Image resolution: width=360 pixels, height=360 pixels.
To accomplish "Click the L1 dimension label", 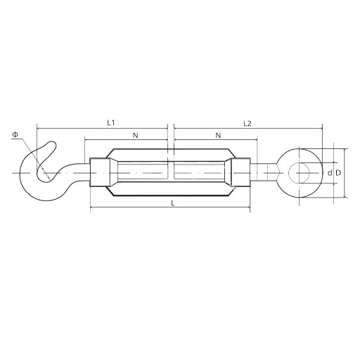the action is point(111,123).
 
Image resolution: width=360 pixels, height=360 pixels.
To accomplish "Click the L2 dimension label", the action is point(247,124).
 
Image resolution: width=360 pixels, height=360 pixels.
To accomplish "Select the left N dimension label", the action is point(136,135).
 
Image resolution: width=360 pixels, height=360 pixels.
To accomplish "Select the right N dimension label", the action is point(218,135).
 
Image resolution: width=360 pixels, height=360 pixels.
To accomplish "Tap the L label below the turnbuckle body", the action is point(173,203).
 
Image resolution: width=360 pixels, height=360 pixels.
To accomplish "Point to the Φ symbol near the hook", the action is point(15,134).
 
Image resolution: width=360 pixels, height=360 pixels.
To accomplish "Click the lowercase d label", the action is point(330,173).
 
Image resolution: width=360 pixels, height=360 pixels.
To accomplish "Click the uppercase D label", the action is point(338,173).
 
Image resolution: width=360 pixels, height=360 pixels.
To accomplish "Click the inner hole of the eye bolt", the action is point(299,173).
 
